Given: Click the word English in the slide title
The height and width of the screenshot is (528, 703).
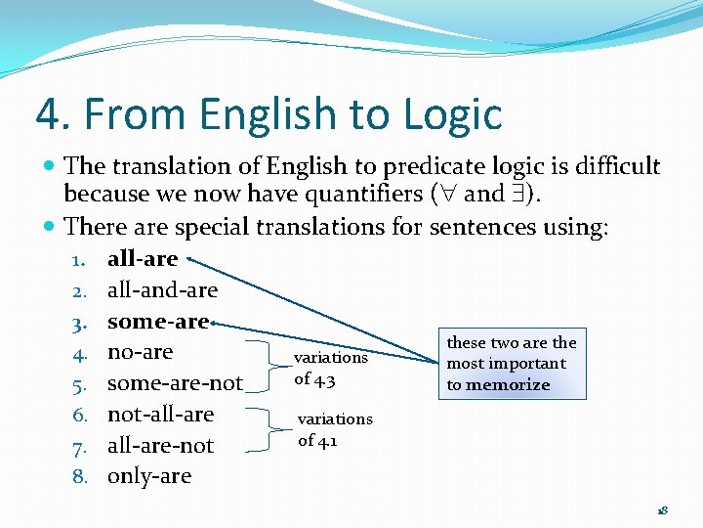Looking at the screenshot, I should tap(255, 113).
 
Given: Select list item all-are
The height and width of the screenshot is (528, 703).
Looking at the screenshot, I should tap(143, 259).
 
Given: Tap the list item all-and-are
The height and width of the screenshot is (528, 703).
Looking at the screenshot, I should tap(162, 290).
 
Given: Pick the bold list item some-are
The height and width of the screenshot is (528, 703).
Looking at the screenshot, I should tap(158, 322).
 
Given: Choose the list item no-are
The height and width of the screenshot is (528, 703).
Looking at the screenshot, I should tap(140, 352).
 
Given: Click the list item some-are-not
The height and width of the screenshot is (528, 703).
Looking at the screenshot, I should tap(175, 383).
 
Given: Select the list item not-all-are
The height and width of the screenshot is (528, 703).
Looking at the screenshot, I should tap(160, 415).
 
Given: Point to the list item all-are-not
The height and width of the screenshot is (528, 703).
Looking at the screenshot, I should tap(160, 446).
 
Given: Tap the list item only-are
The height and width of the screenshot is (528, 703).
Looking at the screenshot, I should tap(149, 477).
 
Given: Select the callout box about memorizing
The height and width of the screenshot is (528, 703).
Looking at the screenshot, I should tap(512, 364).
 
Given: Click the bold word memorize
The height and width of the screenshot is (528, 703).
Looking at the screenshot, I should tap(508, 385).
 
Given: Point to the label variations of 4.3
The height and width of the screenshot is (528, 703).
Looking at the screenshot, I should tap(330, 367).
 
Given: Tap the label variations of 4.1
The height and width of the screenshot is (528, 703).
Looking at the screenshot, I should tap(335, 428).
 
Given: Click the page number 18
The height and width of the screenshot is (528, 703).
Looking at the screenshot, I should tap(662, 510).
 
